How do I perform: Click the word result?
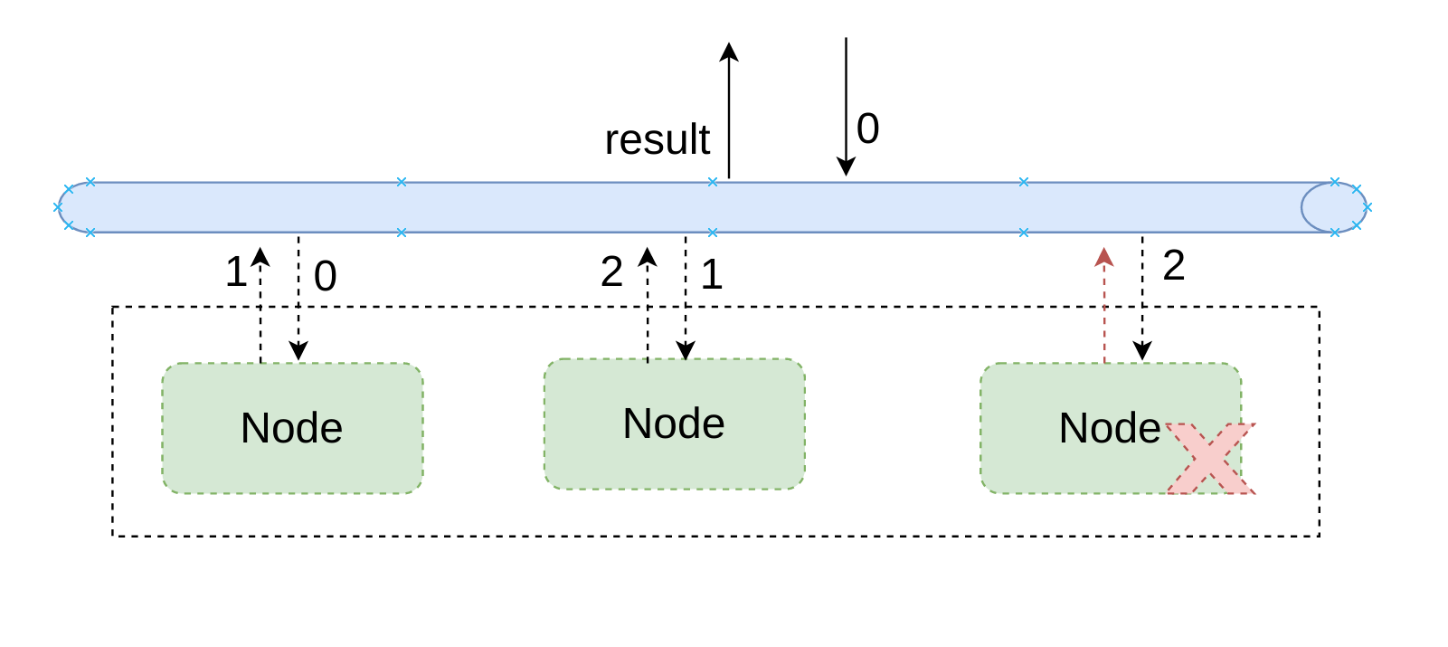coord(658,139)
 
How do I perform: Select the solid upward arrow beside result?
coord(729,110)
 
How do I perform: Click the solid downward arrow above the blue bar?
coord(847,107)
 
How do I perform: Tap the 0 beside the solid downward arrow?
coord(868,128)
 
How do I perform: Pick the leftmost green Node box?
coord(292,428)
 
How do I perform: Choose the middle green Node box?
coord(674,423)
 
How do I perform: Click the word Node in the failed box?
coord(1109,428)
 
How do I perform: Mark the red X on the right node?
coord(1211,459)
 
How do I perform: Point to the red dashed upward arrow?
coord(1104,305)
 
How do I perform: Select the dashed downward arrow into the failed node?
coord(1142,299)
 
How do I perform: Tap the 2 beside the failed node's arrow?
coord(1174,265)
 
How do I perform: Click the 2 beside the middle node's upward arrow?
coord(611,272)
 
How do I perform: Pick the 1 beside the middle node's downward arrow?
coord(711,274)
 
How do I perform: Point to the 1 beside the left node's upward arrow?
coord(236,271)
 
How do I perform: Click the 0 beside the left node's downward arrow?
coord(326,277)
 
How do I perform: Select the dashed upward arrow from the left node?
coord(260,305)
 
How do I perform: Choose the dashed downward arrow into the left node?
coord(298,299)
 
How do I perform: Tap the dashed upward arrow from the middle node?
coord(647,305)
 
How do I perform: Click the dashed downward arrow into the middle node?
coord(686,299)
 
